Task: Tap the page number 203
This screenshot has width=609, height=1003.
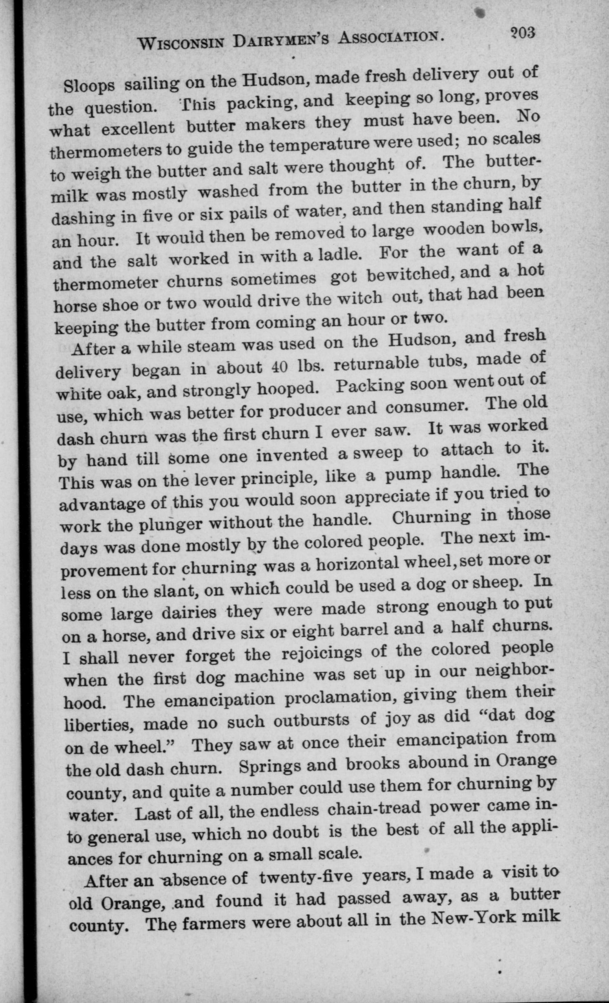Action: click(522, 33)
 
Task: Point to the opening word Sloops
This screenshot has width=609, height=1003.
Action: click(89, 86)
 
